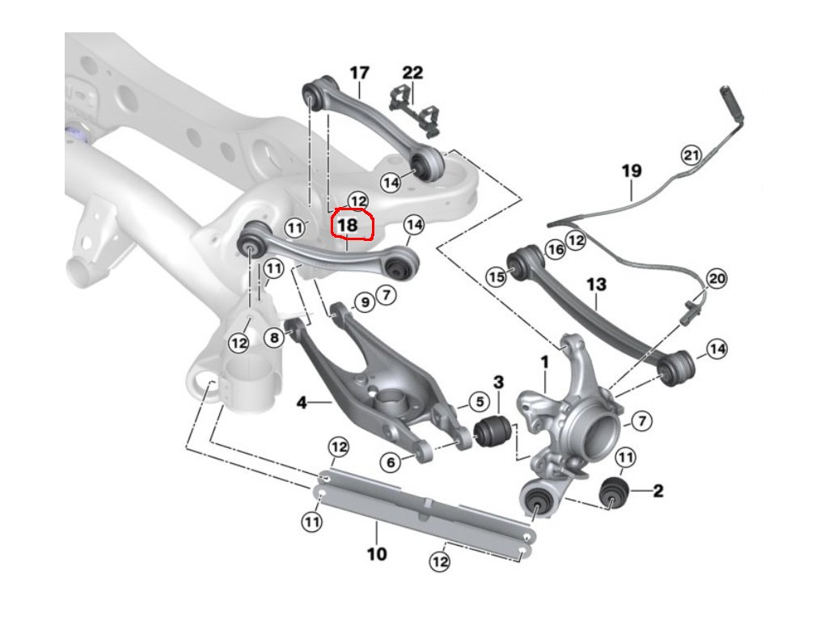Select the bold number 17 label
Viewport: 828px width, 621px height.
(359, 73)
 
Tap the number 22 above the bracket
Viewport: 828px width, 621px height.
(412, 73)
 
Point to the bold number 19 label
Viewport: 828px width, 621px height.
(632, 171)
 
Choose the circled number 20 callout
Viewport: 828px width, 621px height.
(716, 279)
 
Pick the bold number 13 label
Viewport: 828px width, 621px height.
(596, 285)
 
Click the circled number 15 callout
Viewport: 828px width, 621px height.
(496, 277)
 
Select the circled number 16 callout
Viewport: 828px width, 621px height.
(555, 250)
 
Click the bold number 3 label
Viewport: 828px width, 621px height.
(498, 381)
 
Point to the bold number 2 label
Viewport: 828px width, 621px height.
(658, 490)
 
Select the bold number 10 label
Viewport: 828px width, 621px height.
(377, 554)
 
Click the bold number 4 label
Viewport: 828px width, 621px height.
(301, 400)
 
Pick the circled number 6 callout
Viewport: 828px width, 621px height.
(391, 462)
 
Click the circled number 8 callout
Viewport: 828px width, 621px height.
(275, 337)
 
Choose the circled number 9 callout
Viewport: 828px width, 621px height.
(363, 302)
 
